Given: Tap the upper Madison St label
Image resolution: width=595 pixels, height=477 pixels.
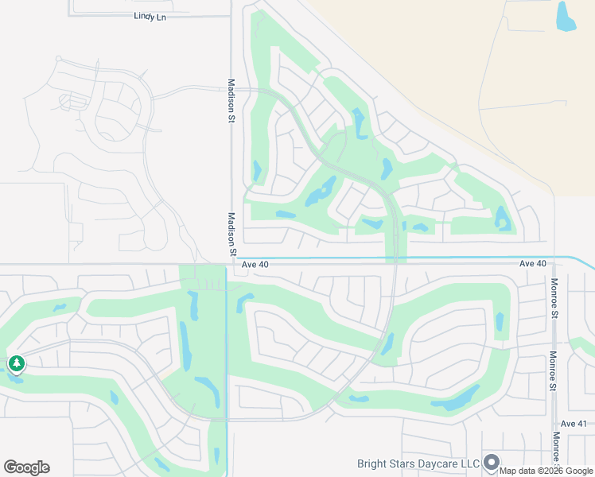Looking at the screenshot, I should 231,96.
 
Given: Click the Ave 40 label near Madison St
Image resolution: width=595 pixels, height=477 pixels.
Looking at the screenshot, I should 255,264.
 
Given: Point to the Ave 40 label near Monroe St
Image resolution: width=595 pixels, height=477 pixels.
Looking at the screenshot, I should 532,263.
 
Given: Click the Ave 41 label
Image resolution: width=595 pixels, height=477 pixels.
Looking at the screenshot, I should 573,425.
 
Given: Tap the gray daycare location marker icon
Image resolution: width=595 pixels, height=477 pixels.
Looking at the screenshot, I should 492,462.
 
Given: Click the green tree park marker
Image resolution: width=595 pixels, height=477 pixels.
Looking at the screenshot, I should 16,364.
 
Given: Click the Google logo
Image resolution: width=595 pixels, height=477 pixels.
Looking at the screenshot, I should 26,467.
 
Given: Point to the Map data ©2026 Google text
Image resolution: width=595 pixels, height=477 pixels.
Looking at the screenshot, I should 546,471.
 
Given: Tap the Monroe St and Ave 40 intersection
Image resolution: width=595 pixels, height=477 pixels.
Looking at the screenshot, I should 554,263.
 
